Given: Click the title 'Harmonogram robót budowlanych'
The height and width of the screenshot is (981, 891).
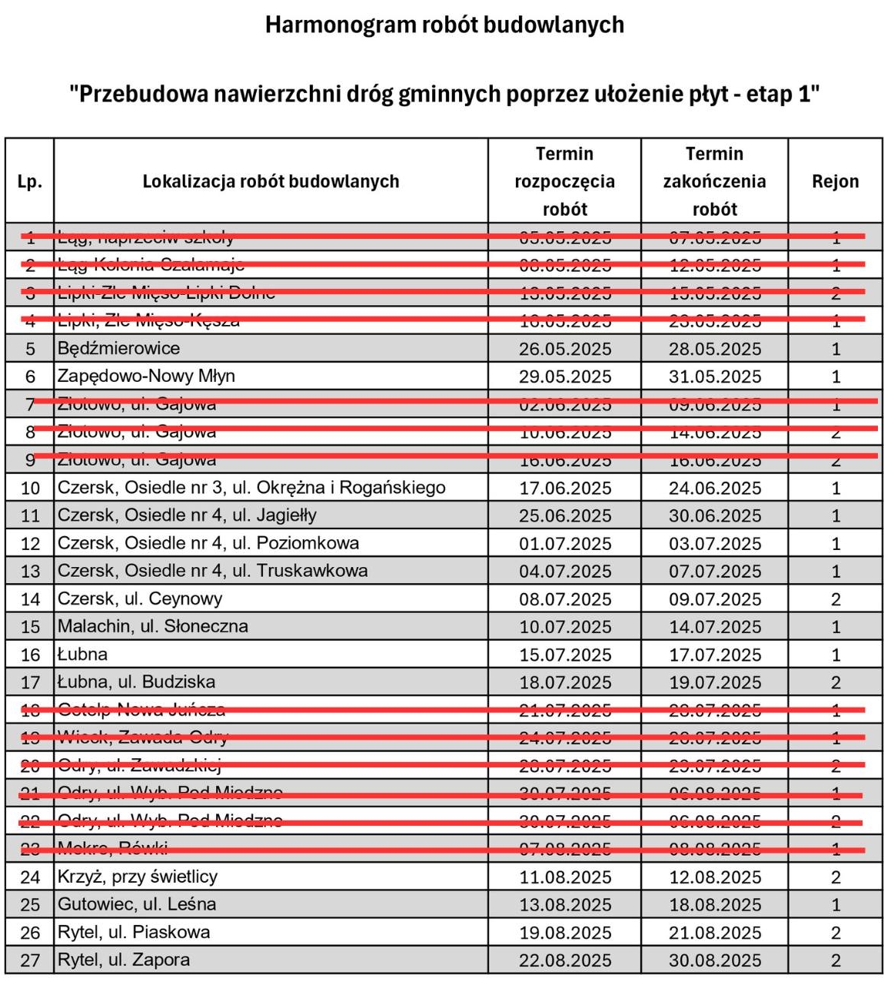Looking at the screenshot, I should tap(444, 25).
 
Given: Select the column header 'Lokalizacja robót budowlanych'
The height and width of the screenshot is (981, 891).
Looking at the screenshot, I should tap(271, 182).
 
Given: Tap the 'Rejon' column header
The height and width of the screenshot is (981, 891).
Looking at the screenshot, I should tap(835, 182).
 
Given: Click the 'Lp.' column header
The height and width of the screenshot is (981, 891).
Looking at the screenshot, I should tap(29, 182).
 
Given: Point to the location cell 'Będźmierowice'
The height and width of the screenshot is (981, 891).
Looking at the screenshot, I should tap(118, 349).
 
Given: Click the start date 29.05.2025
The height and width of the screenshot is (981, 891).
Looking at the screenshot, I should tap(565, 376).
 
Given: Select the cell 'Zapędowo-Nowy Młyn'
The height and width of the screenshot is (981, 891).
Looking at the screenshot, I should tap(146, 376).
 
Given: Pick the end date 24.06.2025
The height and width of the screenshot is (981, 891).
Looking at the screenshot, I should tap(715, 488).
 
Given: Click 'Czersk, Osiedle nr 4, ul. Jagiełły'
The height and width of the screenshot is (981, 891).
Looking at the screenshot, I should tap(187, 515).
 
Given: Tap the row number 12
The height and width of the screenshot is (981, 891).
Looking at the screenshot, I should tap(30, 544).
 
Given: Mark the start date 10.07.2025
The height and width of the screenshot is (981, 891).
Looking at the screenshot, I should tap(565, 627).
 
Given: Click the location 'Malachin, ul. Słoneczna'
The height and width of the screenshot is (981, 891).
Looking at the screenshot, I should tap(153, 627).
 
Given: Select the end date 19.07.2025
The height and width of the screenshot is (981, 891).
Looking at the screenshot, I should tap(715, 682).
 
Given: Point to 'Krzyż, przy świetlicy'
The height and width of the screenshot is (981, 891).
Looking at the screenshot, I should tap(138, 877).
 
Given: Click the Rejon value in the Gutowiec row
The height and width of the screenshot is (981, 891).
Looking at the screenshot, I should tap(836, 905).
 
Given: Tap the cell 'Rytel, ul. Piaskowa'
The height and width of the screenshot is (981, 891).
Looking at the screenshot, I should tap(134, 933).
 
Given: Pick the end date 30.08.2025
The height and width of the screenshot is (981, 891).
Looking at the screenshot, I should tap(715, 960).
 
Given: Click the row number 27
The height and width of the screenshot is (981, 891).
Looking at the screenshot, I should tap(30, 960).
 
